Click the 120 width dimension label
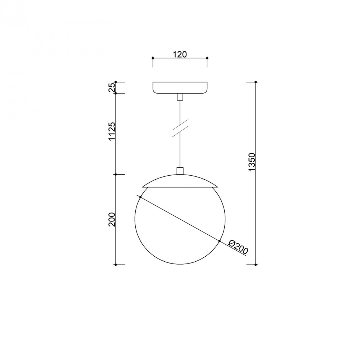tap(180, 54)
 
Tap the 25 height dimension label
tap(112, 87)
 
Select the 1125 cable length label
tap(112, 131)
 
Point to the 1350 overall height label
tap(252, 162)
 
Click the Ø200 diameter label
tap(239, 247)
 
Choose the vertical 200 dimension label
tap(112, 220)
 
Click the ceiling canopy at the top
tap(180, 88)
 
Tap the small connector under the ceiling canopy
tap(180, 97)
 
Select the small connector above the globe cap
tap(180, 171)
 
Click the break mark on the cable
tap(180, 129)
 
